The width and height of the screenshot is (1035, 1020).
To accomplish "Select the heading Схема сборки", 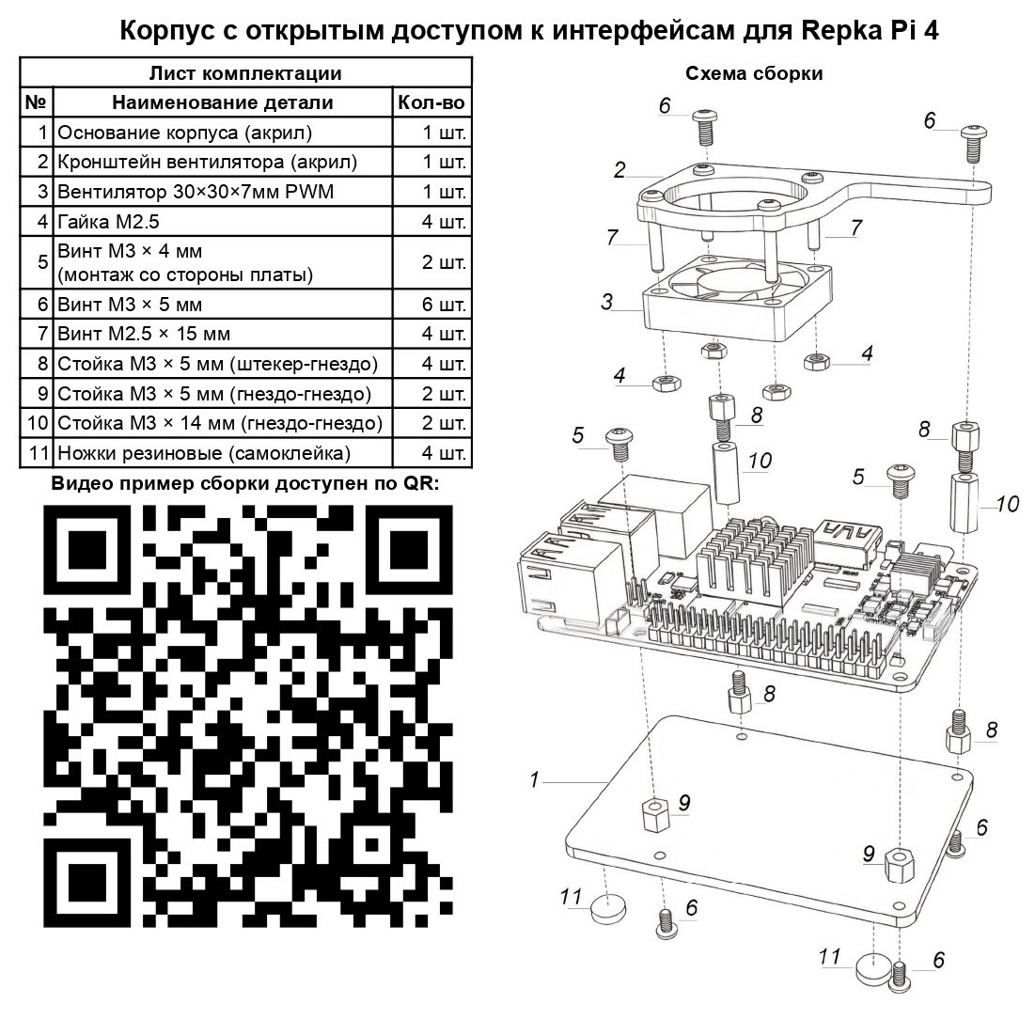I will click(x=754, y=74).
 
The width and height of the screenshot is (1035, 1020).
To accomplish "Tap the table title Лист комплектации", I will click(x=245, y=73).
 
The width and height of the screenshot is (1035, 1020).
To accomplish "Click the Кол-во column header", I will click(x=431, y=102).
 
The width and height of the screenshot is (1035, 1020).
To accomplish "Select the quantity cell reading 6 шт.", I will click(x=444, y=305).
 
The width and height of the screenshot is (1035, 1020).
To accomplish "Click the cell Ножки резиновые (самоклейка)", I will click(x=204, y=453).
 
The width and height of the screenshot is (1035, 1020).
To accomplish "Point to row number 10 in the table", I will click(x=38, y=423).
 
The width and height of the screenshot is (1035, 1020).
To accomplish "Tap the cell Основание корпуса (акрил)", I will click(x=184, y=132).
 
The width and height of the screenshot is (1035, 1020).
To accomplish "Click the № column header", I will click(x=36, y=102).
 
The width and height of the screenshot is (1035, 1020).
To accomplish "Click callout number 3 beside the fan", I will click(x=607, y=302).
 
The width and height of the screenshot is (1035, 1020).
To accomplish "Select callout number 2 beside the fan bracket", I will click(x=619, y=170).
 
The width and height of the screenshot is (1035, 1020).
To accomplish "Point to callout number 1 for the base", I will click(x=534, y=779).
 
